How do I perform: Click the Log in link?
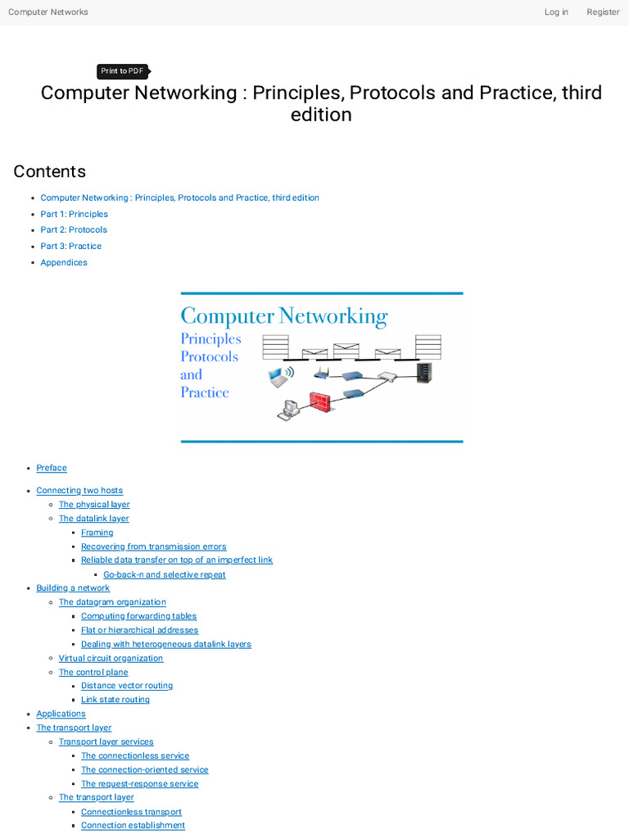click(556, 12)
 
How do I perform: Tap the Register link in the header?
click(603, 12)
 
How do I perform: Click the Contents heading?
click(49, 171)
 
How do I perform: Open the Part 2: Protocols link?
click(74, 230)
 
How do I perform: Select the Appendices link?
click(64, 263)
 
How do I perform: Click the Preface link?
click(52, 468)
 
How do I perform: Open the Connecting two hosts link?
click(79, 491)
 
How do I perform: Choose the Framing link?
click(97, 533)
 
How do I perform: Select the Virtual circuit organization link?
click(111, 659)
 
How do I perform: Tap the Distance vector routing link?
click(127, 686)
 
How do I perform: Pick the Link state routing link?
click(115, 700)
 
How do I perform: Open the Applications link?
click(61, 714)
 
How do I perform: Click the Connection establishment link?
click(133, 825)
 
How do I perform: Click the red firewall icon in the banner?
click(319, 401)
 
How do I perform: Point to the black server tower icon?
click(424, 374)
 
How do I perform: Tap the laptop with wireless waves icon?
click(280, 377)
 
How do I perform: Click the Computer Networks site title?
click(48, 12)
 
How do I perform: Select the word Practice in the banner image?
click(205, 392)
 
